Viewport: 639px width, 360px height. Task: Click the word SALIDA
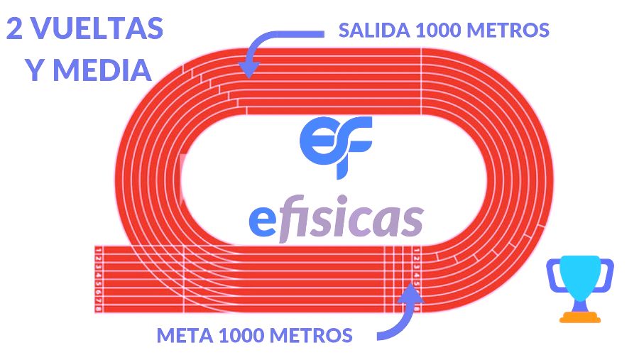[373, 31]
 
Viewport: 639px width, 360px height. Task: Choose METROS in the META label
[315, 334]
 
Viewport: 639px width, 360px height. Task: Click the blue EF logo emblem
[336, 138]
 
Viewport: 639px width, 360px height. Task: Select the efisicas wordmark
[336, 220]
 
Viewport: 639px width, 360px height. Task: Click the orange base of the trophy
[579, 317]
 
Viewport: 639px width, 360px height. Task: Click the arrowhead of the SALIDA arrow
[248, 68]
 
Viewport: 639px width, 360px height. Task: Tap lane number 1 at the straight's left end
[98, 251]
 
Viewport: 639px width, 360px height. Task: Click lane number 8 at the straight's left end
[98, 307]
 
